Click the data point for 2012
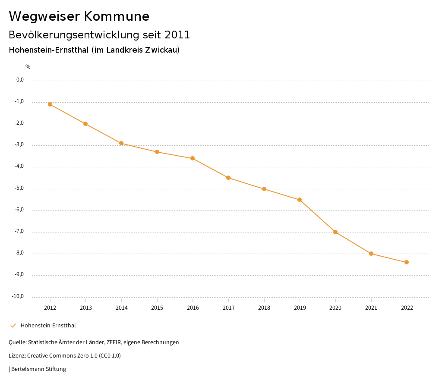(50, 104)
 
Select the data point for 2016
(193, 158)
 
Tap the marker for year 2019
(300, 200)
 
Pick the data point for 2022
(407, 262)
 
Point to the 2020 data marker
(335, 232)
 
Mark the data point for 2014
(121, 143)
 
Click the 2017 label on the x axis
(228, 308)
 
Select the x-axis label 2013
(86, 308)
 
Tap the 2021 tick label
(371, 308)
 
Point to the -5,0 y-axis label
(20, 188)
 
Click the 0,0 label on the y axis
(20, 80)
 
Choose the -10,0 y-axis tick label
(19, 296)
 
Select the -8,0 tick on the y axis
(20, 253)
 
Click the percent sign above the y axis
(28, 67)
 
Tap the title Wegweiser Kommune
(79, 16)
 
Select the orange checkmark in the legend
(13, 326)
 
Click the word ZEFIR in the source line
(113, 342)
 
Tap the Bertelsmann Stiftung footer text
(38, 369)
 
